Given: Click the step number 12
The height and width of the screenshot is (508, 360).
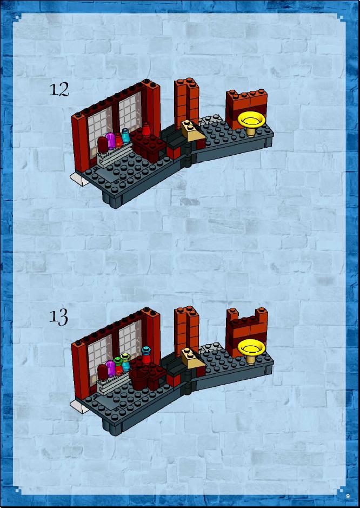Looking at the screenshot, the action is point(59,90).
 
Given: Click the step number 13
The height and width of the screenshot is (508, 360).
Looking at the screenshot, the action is point(59,317).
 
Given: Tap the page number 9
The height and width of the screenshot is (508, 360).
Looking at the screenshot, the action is point(348,496).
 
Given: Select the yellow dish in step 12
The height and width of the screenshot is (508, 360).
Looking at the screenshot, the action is point(251,123).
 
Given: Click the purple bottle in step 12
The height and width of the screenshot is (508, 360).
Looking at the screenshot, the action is point(111,141).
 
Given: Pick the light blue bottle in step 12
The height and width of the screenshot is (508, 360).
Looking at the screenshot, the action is point(125,136).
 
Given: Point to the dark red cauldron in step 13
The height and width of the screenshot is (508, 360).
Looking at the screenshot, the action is point(138,379).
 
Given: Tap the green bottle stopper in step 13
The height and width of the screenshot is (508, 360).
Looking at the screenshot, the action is point(118,360).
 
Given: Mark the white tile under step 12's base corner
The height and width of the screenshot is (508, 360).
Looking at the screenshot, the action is point(79,179).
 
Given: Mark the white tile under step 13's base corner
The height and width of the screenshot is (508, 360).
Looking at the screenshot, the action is point(79,406).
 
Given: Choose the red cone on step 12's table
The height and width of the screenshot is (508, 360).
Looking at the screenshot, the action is point(146,129).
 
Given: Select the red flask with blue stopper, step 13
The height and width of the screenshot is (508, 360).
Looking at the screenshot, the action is point(146,355).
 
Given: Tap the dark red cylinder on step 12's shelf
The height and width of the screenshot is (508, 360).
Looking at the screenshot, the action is point(102,144).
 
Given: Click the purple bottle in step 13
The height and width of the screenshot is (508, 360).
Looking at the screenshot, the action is point(111,368).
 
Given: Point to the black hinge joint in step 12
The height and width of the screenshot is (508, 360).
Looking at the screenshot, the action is point(188,155).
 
